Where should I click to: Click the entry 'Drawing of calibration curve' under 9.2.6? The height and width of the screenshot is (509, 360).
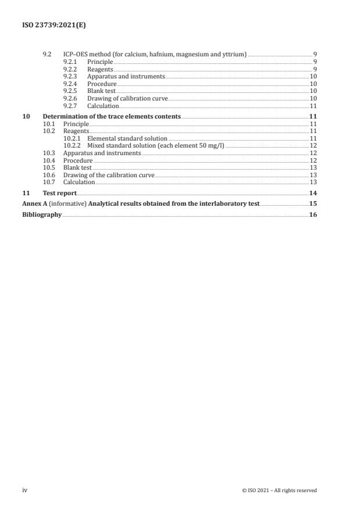coord(127,99)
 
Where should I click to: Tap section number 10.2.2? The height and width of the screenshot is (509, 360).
coord(73,146)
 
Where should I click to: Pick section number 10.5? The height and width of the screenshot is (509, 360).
coord(49,168)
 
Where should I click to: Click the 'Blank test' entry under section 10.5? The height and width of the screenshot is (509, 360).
coord(77,168)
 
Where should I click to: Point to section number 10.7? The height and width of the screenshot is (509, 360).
coord(49,182)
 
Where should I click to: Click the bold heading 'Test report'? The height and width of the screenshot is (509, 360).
coord(60,193)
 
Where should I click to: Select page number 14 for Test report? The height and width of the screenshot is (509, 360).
coord(313,193)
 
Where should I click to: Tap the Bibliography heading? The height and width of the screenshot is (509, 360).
coord(42,214)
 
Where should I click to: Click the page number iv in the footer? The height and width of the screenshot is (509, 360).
coord(25,490)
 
